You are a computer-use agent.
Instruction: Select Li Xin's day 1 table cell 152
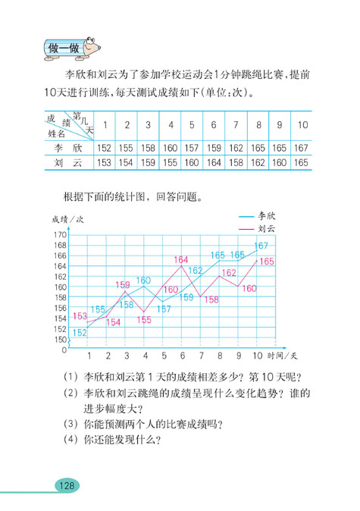pyautogui.click(x=103, y=147)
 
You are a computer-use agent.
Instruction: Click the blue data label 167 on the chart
pyautogui.click(x=261, y=246)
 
